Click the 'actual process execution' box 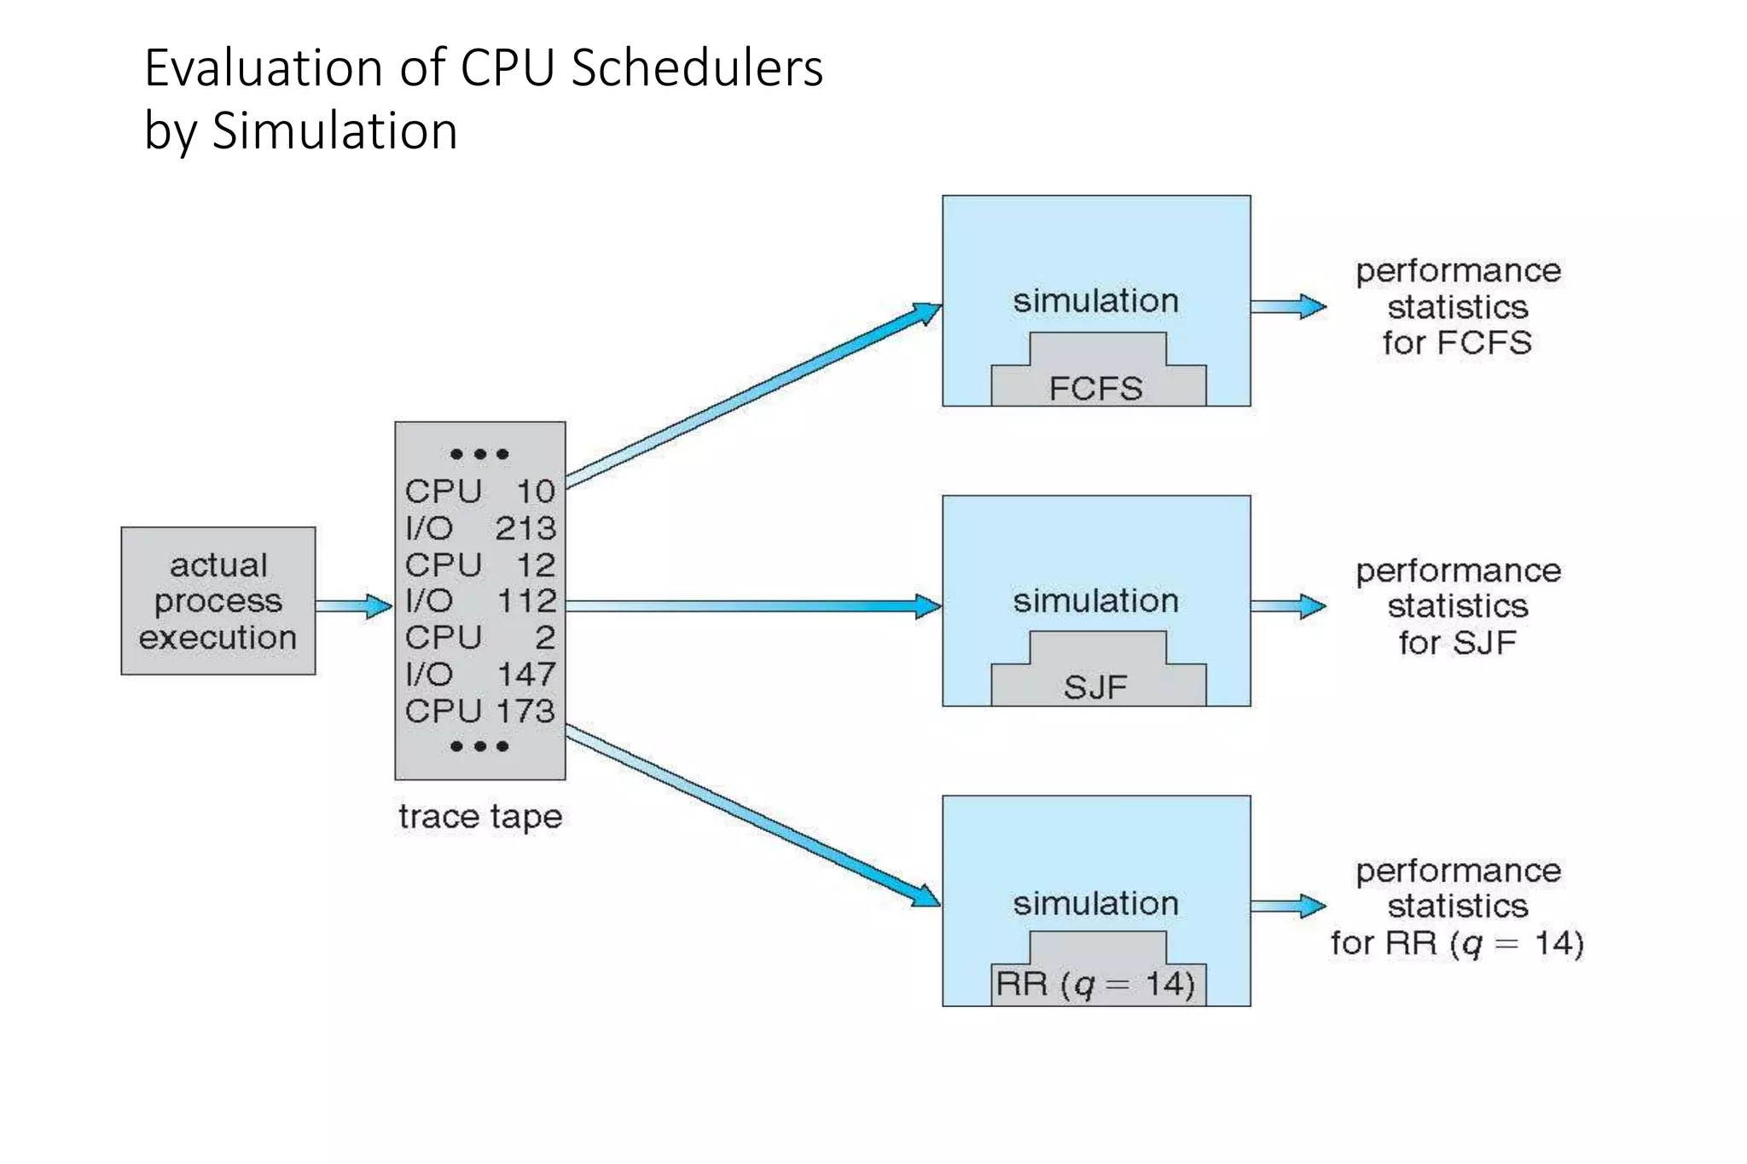tap(218, 601)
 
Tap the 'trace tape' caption tap(480, 817)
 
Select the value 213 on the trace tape tap(525, 529)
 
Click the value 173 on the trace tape tap(527, 711)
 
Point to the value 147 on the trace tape tap(526, 675)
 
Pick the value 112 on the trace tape tap(526, 601)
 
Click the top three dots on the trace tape tap(479, 455)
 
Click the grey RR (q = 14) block tap(1097, 976)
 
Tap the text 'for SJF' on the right tap(1457, 643)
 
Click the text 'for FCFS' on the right tap(1457, 343)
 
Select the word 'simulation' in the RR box tap(1096, 903)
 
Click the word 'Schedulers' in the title tap(697, 68)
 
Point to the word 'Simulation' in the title tap(334, 131)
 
